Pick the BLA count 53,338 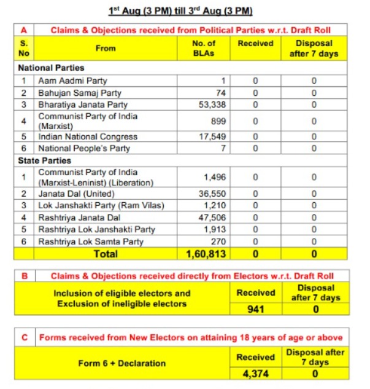pyautogui.click(x=209, y=104)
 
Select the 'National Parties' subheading pyautogui.click(x=52, y=68)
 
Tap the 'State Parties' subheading pyautogui.click(x=44, y=160)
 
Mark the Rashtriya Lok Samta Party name pyautogui.click(x=91, y=242)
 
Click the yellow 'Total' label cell pyautogui.click(x=106, y=253)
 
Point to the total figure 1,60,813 pyautogui.click(x=206, y=253)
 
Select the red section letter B pyautogui.click(x=25, y=276)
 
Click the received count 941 pyautogui.click(x=255, y=308)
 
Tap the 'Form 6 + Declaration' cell pyautogui.click(x=121, y=363)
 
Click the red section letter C pyautogui.click(x=25, y=337)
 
